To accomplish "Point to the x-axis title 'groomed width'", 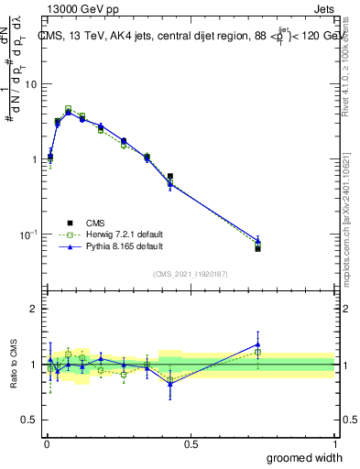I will [300, 457].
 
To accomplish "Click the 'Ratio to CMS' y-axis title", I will [14, 365].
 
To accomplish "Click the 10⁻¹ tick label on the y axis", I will [27, 234].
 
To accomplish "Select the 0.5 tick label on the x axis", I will [191, 444].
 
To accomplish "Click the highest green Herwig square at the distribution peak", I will [68, 108].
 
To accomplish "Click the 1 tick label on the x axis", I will [334, 444].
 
